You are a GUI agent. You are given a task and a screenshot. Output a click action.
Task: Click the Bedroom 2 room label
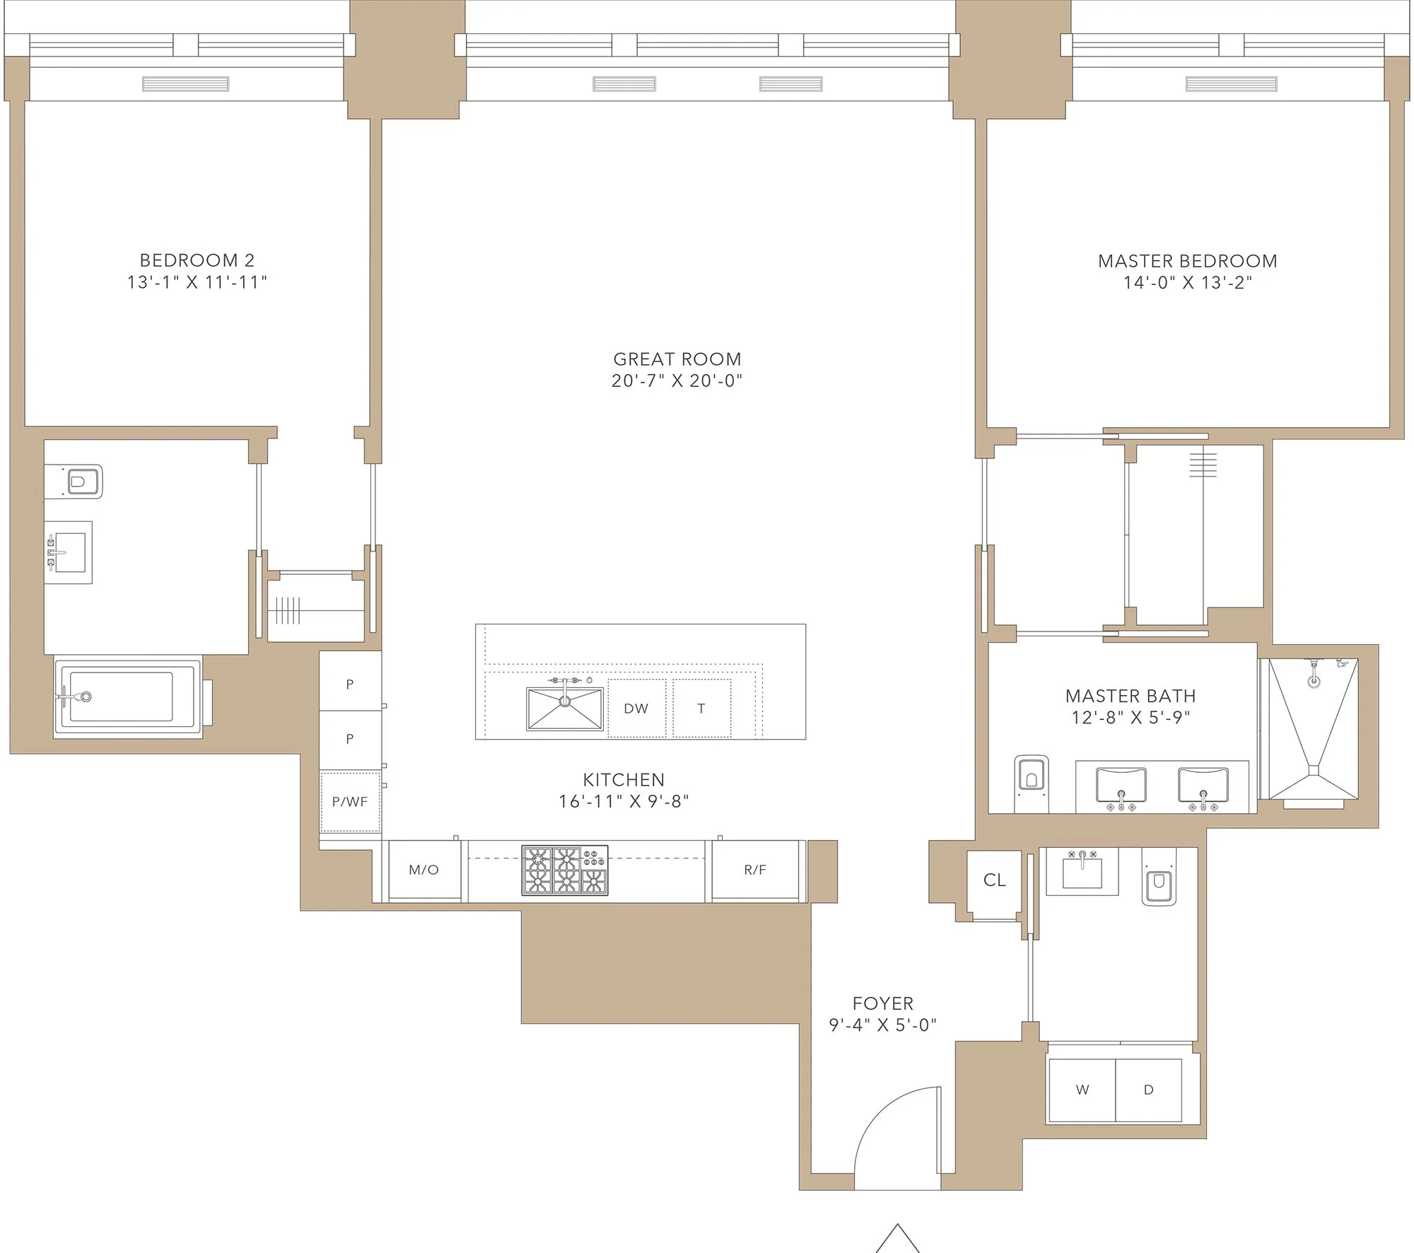(x=197, y=260)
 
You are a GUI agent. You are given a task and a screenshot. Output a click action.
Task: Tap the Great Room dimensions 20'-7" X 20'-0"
(x=677, y=380)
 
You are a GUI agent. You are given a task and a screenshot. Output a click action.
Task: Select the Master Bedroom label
(x=1187, y=261)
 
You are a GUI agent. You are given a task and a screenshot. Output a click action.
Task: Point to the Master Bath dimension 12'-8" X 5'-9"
(x=1130, y=717)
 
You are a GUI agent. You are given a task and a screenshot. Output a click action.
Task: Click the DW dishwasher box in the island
(x=636, y=708)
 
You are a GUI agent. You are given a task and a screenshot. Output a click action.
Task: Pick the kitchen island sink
(x=564, y=709)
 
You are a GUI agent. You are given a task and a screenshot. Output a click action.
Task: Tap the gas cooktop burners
(x=564, y=870)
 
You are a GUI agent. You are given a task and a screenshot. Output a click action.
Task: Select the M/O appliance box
(x=424, y=870)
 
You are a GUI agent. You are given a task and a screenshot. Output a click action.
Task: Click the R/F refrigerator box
(x=754, y=870)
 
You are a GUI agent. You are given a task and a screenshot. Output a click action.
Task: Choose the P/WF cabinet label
(x=350, y=802)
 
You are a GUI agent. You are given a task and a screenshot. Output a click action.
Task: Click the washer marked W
(x=1082, y=1090)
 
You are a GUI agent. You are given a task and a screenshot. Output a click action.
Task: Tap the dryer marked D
(x=1148, y=1090)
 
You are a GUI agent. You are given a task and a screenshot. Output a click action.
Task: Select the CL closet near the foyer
(x=994, y=880)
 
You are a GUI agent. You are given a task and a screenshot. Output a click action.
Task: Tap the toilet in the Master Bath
(x=1032, y=781)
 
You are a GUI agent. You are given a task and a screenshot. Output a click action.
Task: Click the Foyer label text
(x=882, y=1003)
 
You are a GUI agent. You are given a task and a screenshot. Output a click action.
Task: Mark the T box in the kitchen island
(x=701, y=708)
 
